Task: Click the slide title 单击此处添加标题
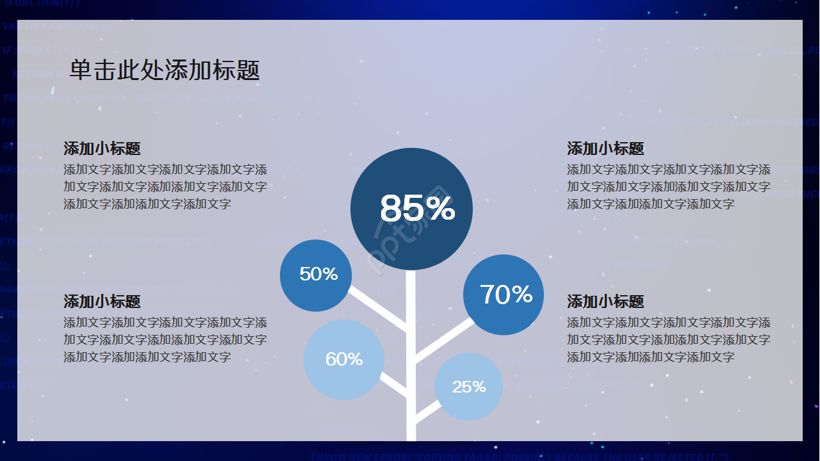165,70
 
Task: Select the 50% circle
316,275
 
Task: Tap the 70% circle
504,295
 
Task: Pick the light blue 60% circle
344,359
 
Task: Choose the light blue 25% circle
468,387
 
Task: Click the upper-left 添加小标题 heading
102,149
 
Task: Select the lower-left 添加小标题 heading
102,302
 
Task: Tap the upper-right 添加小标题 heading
605,149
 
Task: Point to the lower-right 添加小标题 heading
605,302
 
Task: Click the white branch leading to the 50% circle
378,310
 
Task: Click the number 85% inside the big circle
417,209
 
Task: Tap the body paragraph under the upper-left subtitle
165,187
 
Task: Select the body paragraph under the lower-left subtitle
165,340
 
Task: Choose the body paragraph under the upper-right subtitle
669,187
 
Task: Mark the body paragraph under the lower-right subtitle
669,340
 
